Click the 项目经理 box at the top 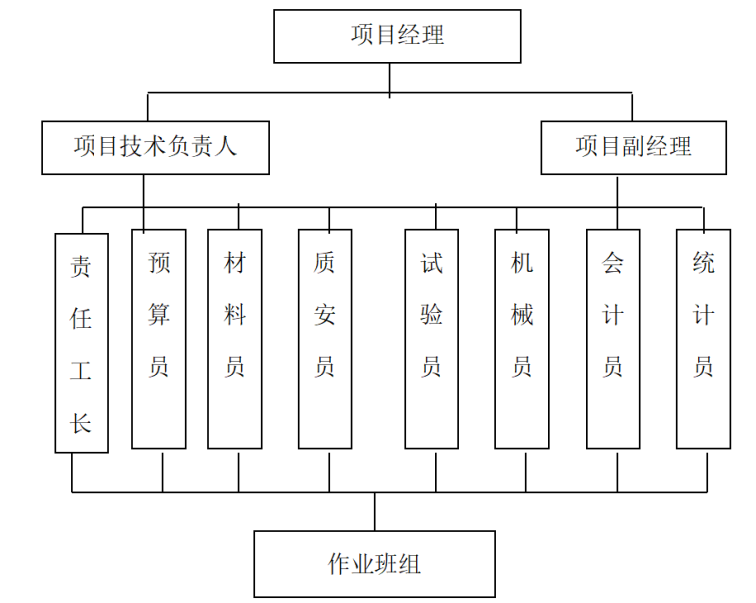tap(397, 36)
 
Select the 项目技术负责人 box tap(154, 147)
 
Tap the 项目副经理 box tap(633, 147)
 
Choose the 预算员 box tap(159, 338)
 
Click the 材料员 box tap(235, 338)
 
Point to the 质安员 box tap(325, 338)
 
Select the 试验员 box tap(432, 338)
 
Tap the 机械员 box tap(522, 338)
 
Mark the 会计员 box tap(613, 338)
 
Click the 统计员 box tap(703, 338)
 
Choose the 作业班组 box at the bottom tap(374, 564)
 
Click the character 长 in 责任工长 tap(81, 422)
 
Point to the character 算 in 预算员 tap(159, 315)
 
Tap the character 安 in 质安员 tap(325, 315)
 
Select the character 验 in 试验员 tap(432, 315)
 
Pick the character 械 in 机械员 tap(522, 315)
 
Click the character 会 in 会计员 tap(613, 263)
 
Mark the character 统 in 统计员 tap(703, 263)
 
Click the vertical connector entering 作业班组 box tap(375, 511)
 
